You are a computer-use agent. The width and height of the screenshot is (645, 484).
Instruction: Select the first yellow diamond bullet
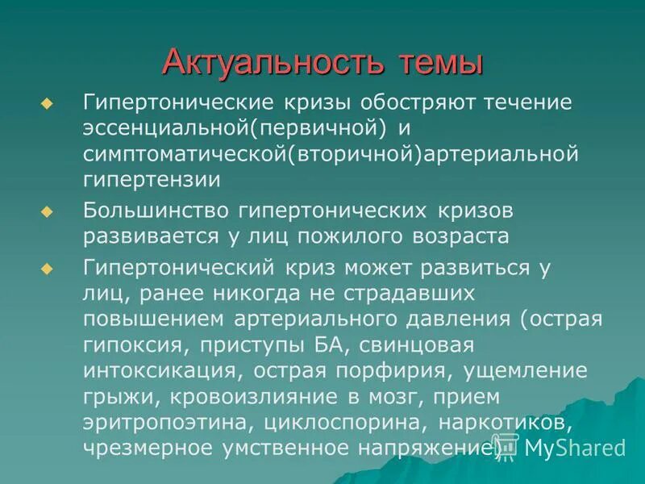point(46,104)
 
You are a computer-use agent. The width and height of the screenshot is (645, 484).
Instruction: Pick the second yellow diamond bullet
point(46,211)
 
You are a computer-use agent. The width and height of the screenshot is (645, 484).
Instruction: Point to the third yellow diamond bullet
point(46,267)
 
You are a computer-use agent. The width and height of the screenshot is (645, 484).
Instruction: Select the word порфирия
point(384,370)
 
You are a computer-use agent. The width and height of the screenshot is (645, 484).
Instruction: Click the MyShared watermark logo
point(564,448)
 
